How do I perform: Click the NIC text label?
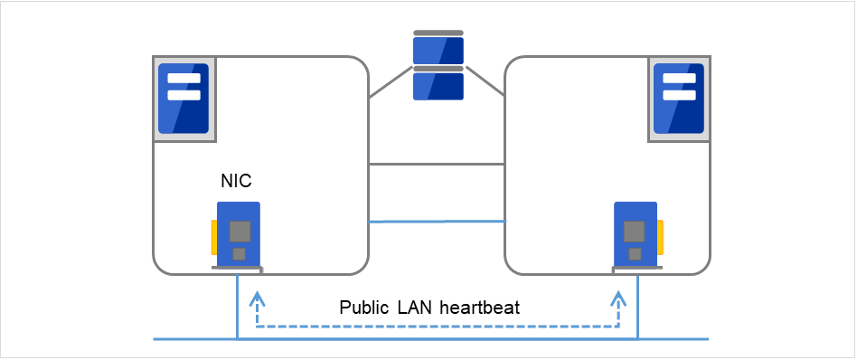click(237, 182)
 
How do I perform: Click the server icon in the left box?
click(184, 99)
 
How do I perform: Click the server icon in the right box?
click(678, 99)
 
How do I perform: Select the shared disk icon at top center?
click(438, 66)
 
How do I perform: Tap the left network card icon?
click(238, 233)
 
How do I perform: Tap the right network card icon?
click(636, 233)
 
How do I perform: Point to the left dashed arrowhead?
click(257, 298)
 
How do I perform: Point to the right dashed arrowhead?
click(618, 298)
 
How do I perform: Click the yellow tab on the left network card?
click(213, 237)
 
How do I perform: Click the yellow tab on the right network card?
click(661, 237)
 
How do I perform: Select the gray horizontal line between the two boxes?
click(436, 165)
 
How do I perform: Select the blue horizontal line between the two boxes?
click(436, 221)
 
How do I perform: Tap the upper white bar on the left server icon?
click(184, 78)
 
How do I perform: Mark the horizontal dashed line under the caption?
click(438, 327)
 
